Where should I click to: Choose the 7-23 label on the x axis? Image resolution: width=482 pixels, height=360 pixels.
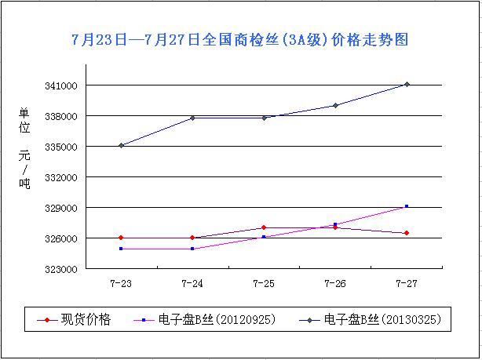tap(121, 282)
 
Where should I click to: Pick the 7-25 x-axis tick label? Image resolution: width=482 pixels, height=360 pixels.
tap(264, 282)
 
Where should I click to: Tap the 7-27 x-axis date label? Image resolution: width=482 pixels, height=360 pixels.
tap(407, 282)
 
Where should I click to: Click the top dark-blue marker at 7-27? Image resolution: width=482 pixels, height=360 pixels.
tap(407, 84)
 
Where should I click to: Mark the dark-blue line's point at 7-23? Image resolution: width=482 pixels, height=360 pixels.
tap(121, 145)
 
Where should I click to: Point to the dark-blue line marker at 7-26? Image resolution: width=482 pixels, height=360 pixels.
tap(335, 105)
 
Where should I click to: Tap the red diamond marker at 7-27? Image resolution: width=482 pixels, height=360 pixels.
tap(407, 233)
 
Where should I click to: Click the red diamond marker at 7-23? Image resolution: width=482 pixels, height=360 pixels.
tap(121, 238)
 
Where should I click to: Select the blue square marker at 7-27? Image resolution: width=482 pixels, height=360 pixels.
tap(407, 206)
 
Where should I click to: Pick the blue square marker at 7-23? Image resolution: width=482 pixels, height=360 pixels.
tap(121, 249)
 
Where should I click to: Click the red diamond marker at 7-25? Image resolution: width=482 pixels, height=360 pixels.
tap(264, 227)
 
